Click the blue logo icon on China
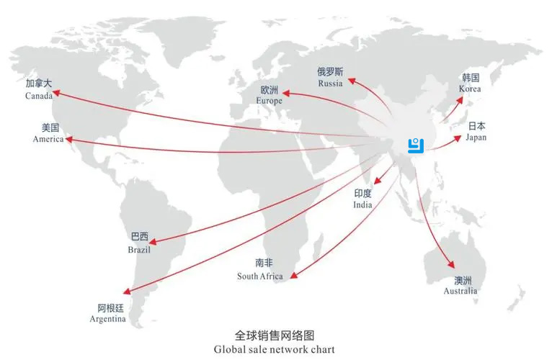pos(416,146)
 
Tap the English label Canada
pos(39,96)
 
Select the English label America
pos(48,139)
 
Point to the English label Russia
pos(330,84)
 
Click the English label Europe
pos(270,101)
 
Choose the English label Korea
pos(470,89)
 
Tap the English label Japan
pos(476,138)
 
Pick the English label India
pos(362,204)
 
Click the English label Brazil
pos(139,250)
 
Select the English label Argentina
pos(107,319)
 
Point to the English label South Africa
pos(260,276)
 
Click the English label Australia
pos(460,291)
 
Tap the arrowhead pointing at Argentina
pos(127,291)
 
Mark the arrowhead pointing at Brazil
pos(153,242)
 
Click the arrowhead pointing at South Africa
pos(294,275)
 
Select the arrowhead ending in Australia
pos(451,265)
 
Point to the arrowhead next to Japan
pos(458,138)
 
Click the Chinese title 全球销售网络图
pos(275,336)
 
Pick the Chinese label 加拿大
pos(39,84)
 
